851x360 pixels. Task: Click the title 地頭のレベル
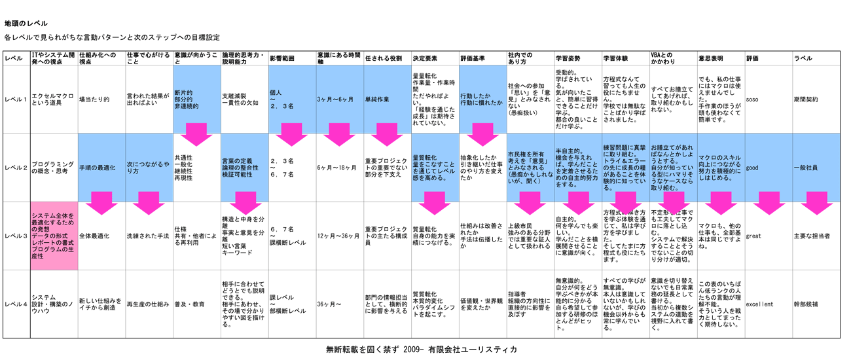point(26,24)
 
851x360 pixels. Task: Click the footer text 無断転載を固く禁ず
point(361,350)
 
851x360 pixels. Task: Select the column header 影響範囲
point(282,59)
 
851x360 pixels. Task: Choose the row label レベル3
point(16,236)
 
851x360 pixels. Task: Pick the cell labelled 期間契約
point(805,99)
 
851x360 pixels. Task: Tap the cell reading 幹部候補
point(805,304)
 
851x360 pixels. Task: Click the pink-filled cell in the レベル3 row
point(54,236)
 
